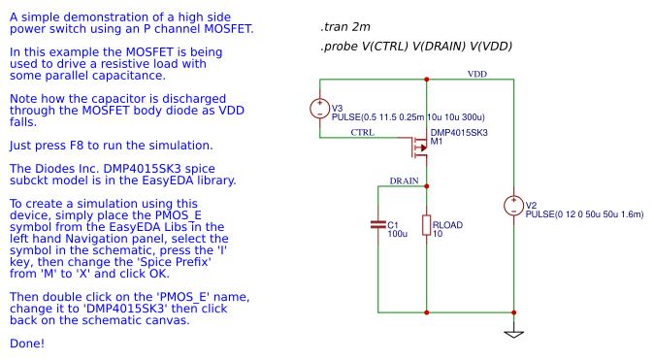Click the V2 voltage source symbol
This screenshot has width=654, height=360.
pos(514,206)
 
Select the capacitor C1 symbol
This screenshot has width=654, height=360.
pos(378,225)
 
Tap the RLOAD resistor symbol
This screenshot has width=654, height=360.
pos(427,225)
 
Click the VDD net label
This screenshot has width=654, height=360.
pos(477,74)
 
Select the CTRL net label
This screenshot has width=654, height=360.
pos(362,132)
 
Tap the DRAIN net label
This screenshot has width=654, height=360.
pos(405,180)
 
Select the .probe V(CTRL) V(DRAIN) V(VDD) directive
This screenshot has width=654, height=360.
pos(415,47)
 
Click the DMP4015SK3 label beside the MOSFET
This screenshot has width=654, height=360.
pos(459,132)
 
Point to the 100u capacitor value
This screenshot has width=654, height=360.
pos(398,234)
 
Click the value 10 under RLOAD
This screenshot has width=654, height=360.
pos(438,234)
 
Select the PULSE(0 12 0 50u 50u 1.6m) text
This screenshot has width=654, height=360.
pos(584,213)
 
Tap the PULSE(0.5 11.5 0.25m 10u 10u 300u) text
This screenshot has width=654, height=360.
pos(409,116)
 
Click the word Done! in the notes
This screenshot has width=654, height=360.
pos(26,344)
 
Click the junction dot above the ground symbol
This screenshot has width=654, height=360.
pos(514,312)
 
